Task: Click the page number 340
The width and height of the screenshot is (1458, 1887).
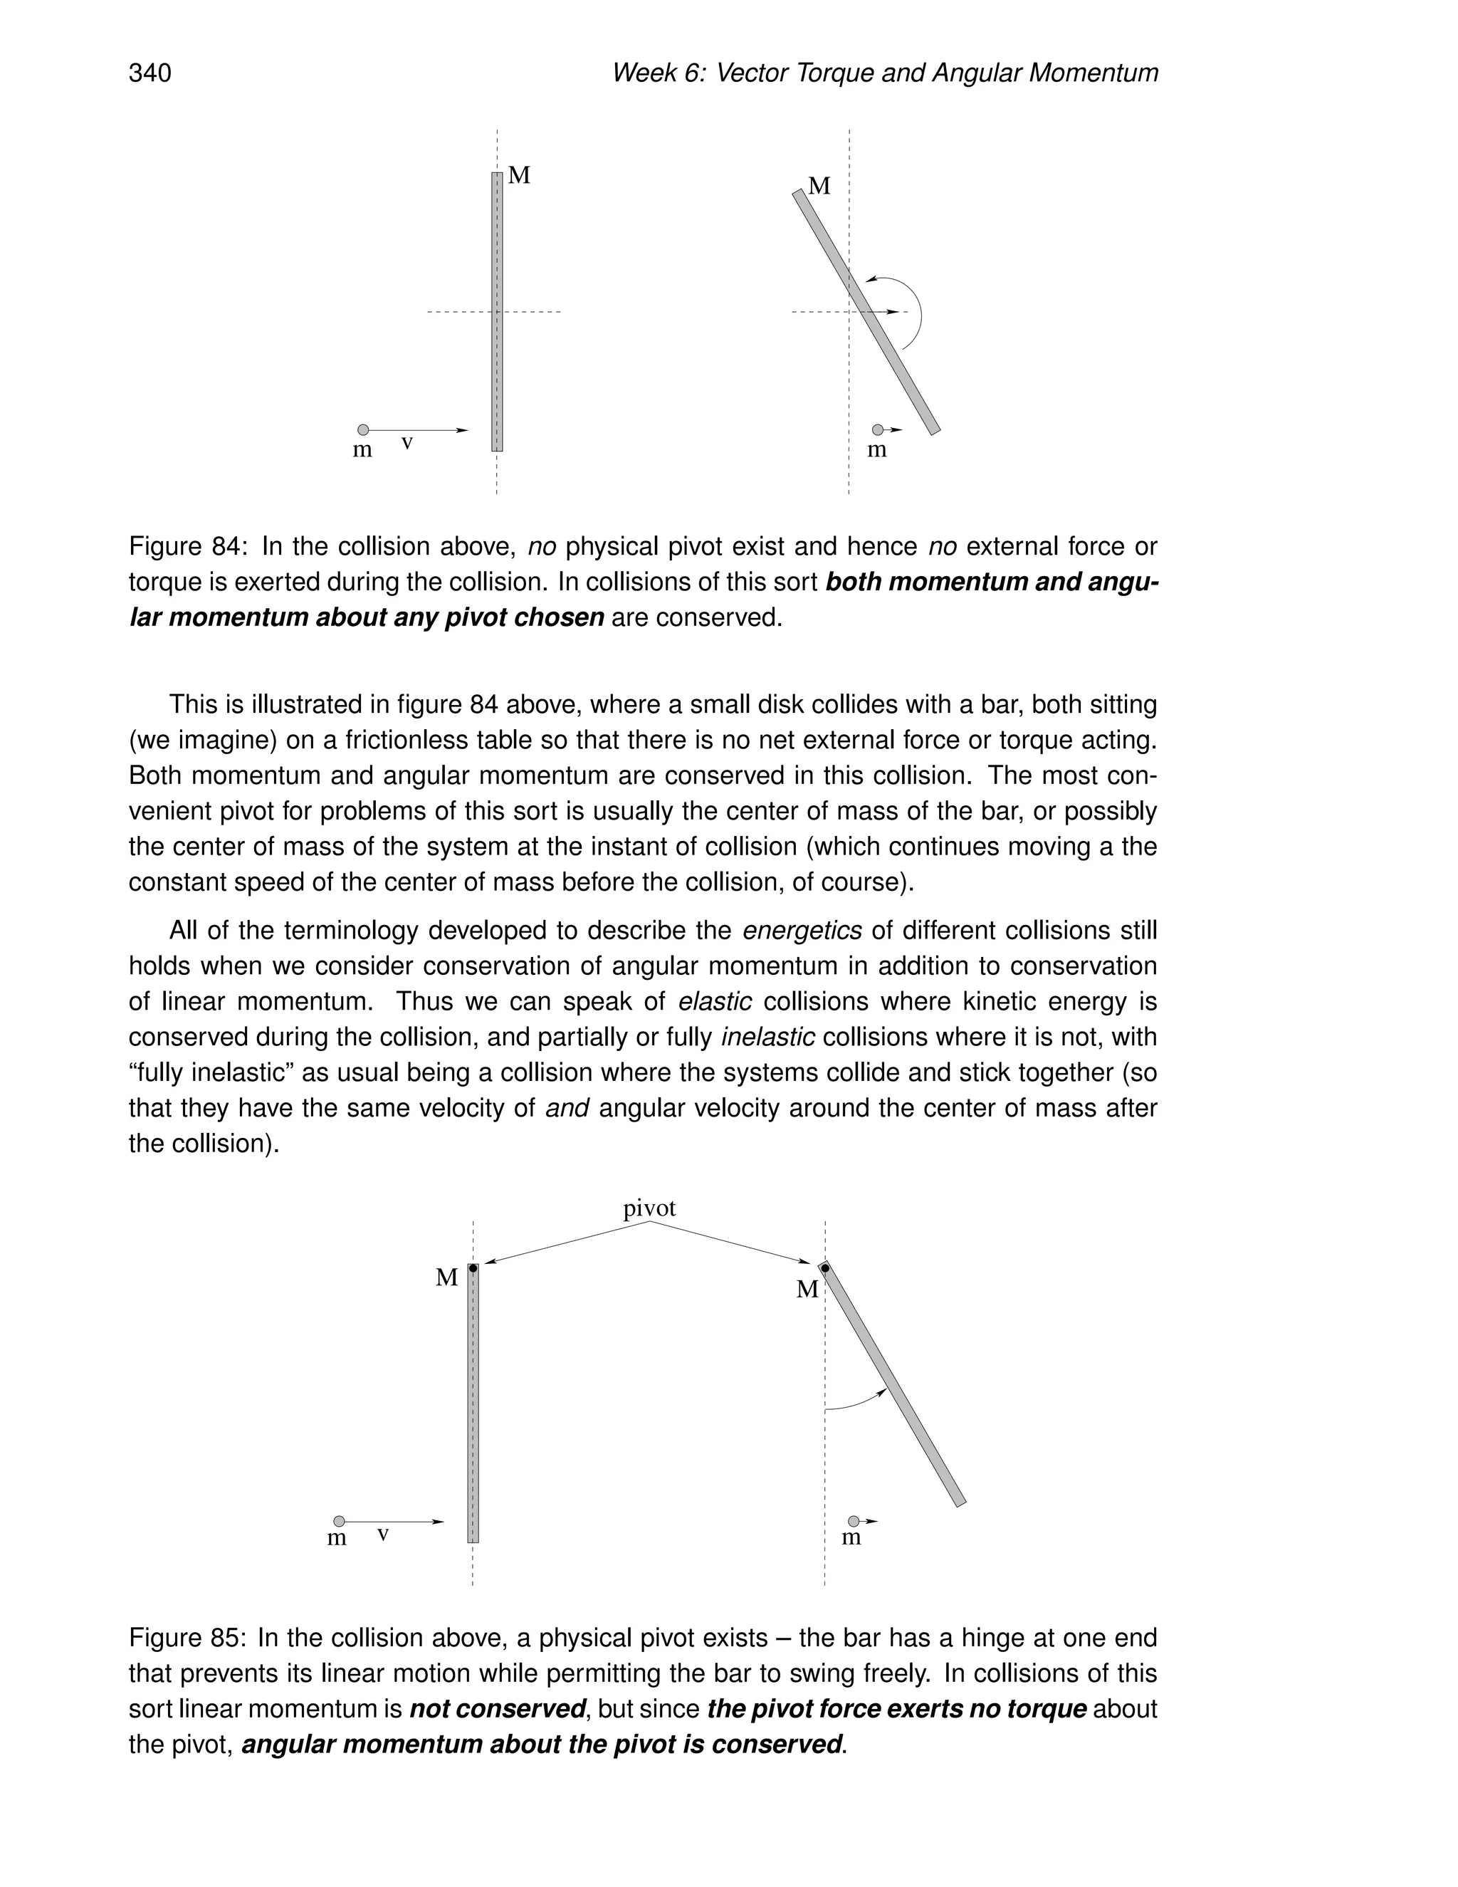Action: point(150,73)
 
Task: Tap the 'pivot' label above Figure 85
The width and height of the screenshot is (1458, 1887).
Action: point(649,1208)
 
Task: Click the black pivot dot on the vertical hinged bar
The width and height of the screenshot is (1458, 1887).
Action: point(473,1268)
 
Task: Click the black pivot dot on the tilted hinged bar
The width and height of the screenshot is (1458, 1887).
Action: point(825,1268)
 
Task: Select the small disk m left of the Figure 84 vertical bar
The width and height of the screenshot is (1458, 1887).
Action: point(363,429)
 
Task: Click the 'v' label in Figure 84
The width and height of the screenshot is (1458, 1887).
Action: point(407,443)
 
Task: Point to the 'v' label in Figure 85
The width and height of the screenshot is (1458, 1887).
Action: point(382,1535)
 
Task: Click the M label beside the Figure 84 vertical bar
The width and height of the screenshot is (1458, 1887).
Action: point(519,175)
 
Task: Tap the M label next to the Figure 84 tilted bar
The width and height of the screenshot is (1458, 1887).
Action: point(819,186)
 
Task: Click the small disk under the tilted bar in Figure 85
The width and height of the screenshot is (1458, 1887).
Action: point(854,1521)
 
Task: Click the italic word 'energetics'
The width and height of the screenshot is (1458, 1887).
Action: point(802,931)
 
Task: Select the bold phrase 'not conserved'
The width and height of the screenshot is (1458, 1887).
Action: point(497,1709)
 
